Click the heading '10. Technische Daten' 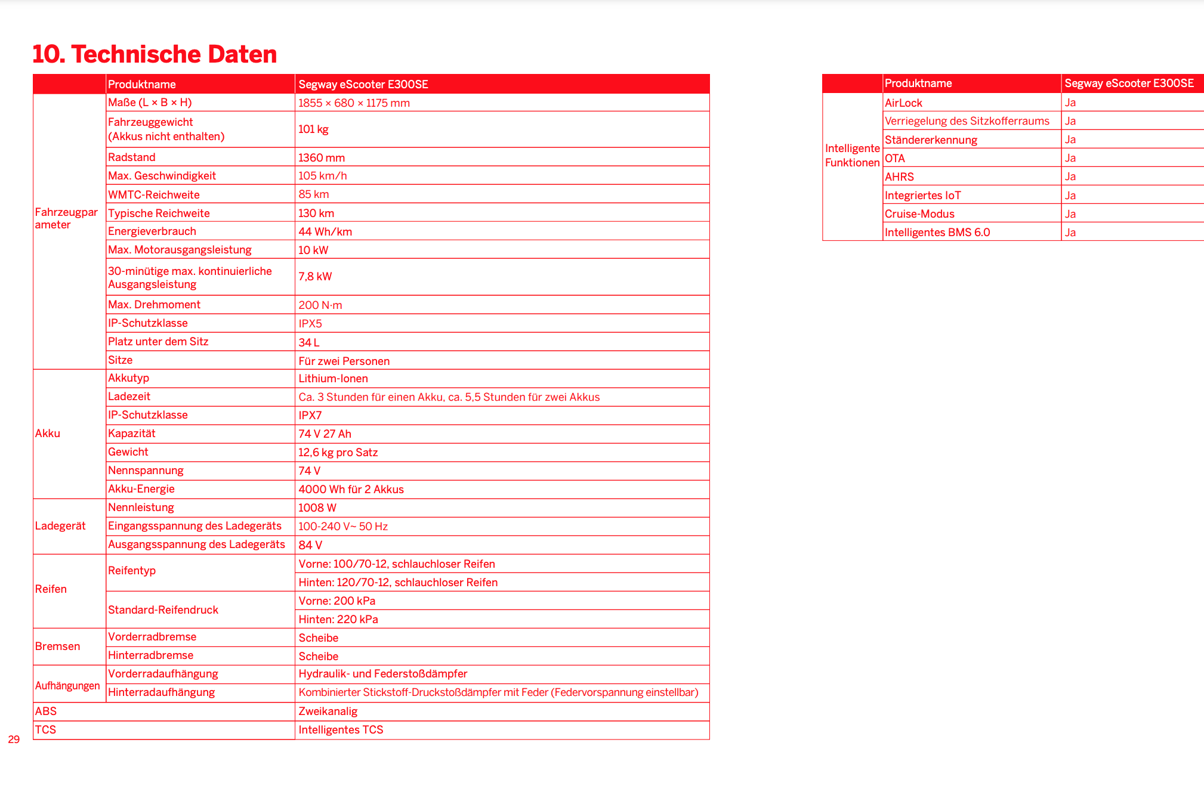(x=155, y=54)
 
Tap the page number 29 (x=14, y=739)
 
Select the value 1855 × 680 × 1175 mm (x=354, y=103)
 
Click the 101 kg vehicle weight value (x=313, y=129)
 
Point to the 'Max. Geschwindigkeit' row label (x=162, y=176)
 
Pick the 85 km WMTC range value (x=313, y=194)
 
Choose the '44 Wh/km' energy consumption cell (x=325, y=231)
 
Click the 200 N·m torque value (x=320, y=305)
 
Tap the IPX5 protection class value (x=310, y=323)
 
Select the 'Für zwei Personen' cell (x=344, y=361)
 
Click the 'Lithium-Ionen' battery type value (x=333, y=379)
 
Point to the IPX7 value (x=310, y=415)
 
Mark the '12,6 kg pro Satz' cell (x=338, y=452)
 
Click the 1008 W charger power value (x=317, y=508)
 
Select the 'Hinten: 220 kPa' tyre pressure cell (x=338, y=619)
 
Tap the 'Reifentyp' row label (x=132, y=571)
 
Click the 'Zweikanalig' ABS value (x=328, y=711)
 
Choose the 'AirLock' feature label (x=903, y=103)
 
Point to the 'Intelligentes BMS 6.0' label (x=937, y=232)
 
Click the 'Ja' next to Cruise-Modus (x=1070, y=213)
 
